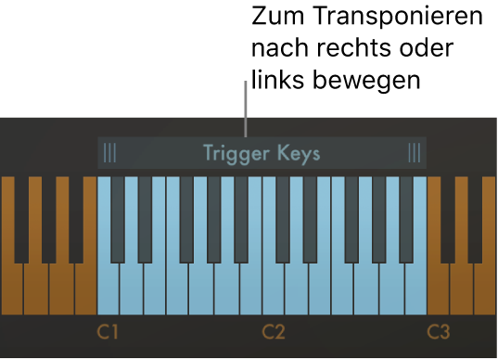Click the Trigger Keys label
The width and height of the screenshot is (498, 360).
pos(262,153)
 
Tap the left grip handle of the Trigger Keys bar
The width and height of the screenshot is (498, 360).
pos(110,153)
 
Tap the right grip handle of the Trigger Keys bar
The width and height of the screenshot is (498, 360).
pos(414,153)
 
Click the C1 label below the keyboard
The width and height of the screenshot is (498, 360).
pos(109,331)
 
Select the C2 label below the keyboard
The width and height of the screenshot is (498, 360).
pos(273,331)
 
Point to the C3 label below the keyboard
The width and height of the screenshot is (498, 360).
pos(439,331)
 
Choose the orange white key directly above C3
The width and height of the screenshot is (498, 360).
pos(438,292)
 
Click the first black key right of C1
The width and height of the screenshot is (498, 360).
pos(118,218)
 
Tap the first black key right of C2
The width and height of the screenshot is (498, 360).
pos(283,218)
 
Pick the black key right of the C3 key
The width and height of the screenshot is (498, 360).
pos(448,218)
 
